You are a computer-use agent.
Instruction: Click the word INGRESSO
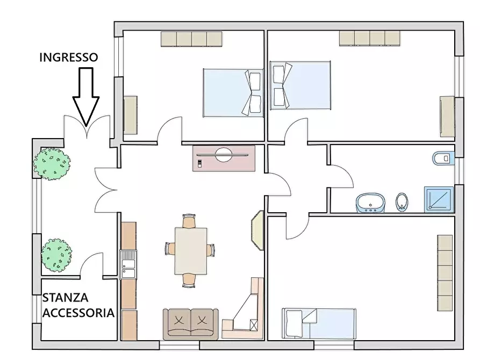tap(69, 57)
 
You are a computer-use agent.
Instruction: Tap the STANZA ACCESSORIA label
tap(78, 305)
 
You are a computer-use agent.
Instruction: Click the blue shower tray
tap(439, 199)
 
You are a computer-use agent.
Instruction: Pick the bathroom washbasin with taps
tap(370, 203)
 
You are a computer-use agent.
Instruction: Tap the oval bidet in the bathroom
tap(402, 202)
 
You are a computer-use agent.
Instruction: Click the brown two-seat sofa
tap(190, 325)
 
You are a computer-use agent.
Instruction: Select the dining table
tap(191, 251)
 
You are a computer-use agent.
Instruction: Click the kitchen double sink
tap(128, 264)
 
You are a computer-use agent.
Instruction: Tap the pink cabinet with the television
tap(224, 158)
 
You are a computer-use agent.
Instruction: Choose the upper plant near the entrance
tap(52, 164)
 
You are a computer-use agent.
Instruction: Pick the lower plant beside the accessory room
tap(56, 255)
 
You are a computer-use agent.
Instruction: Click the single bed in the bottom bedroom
tap(319, 323)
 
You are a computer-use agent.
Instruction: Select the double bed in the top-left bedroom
tap(233, 93)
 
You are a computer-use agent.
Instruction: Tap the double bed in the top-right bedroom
tap(300, 85)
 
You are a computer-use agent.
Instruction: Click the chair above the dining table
tap(189, 221)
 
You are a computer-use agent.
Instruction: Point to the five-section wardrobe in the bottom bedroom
tap(445, 273)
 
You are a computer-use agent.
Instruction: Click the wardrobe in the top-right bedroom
tap(370, 38)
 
